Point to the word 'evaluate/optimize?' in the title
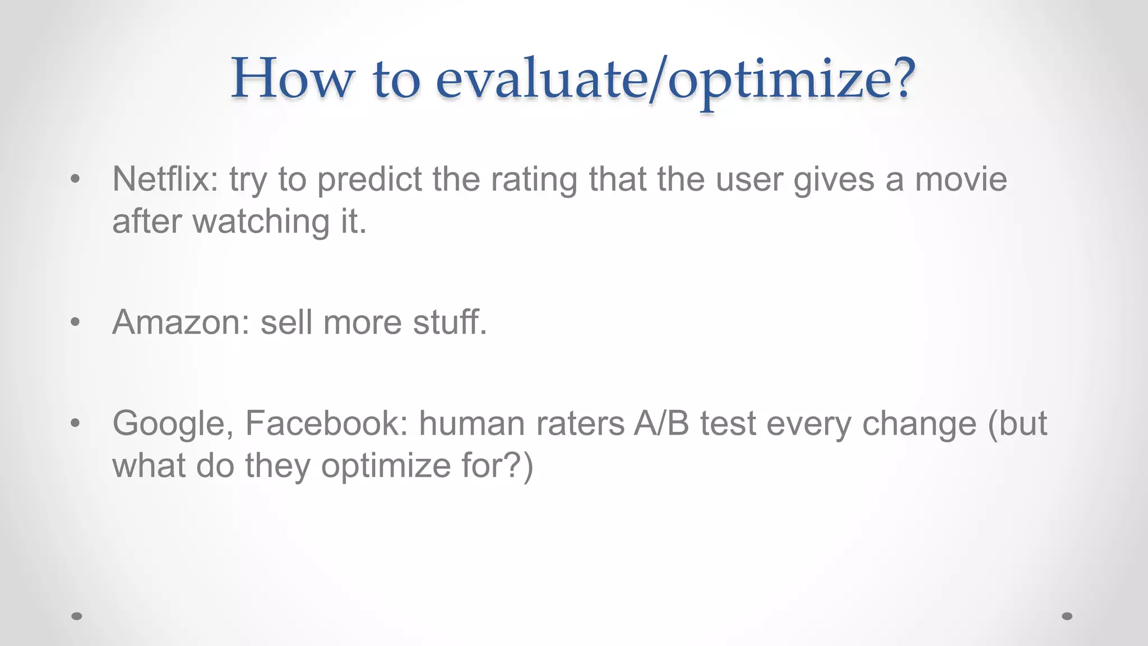675,80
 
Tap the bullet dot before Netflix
76,179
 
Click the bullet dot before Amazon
76,322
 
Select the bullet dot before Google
76,423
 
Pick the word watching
261,222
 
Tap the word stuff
450,323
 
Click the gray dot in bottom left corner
77,616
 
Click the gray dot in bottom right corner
1067,616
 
